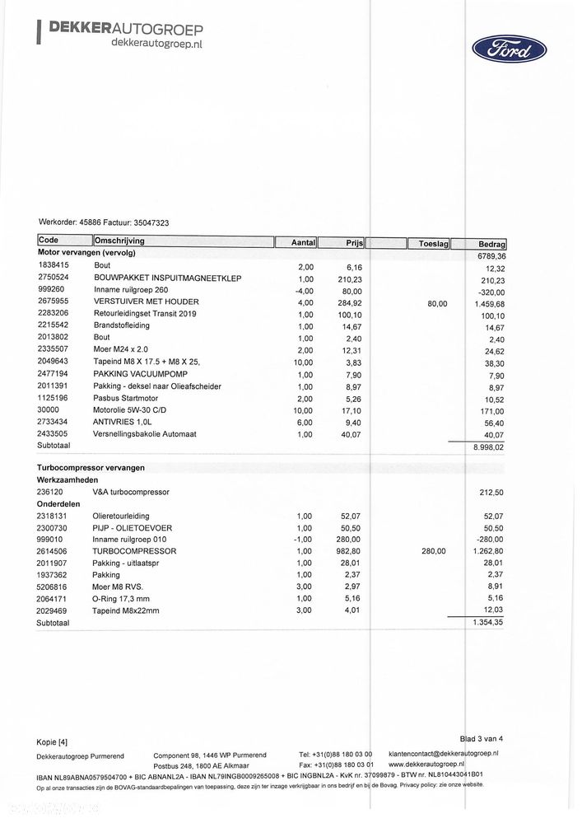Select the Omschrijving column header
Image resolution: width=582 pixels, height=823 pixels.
[120, 241]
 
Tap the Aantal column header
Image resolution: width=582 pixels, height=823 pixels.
[304, 243]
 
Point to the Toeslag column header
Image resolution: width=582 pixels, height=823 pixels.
[433, 244]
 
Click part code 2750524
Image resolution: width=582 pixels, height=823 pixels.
[54, 278]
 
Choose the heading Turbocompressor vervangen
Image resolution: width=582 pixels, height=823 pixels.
[91, 467]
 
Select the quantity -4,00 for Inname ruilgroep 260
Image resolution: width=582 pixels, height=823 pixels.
[304, 291]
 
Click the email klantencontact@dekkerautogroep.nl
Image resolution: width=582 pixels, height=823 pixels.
[443, 753]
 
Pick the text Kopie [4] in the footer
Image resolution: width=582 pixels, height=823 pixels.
[52, 742]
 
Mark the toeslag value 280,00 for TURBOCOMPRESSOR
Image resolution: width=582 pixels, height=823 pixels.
[433, 551]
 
